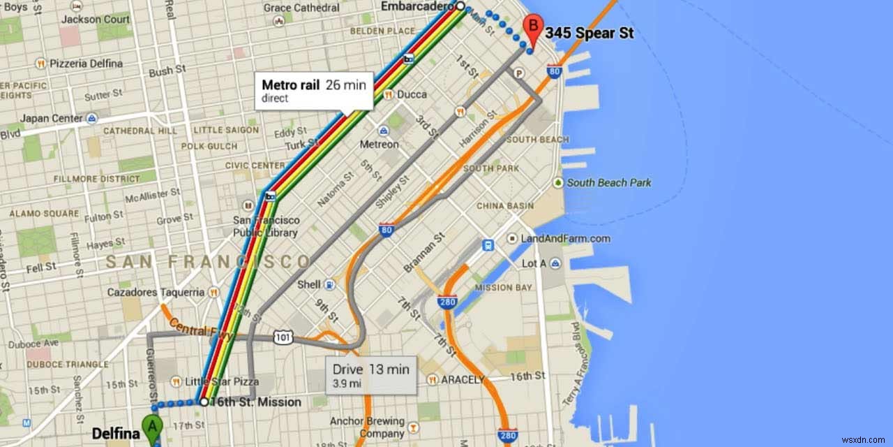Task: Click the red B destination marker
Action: pyautogui.click(x=533, y=28)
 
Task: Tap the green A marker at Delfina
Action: pyautogui.click(x=151, y=426)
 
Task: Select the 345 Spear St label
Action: pyautogui.click(x=589, y=33)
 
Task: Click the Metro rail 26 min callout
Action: pyautogui.click(x=313, y=90)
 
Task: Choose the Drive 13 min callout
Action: pyautogui.click(x=370, y=375)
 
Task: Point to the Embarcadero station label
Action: pyautogui.click(x=416, y=6)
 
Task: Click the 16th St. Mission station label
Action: pyautogui.click(x=255, y=402)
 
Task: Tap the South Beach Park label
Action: pyautogui.click(x=608, y=182)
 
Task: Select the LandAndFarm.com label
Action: pyautogui.click(x=565, y=238)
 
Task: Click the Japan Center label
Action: pyautogui.click(x=51, y=119)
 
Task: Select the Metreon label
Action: pyautogui.click(x=379, y=145)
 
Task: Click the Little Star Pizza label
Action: pyautogui.click(x=221, y=382)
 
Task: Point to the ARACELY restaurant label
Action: pyautogui.click(x=461, y=379)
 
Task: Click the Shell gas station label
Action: pyautogui.click(x=309, y=285)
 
